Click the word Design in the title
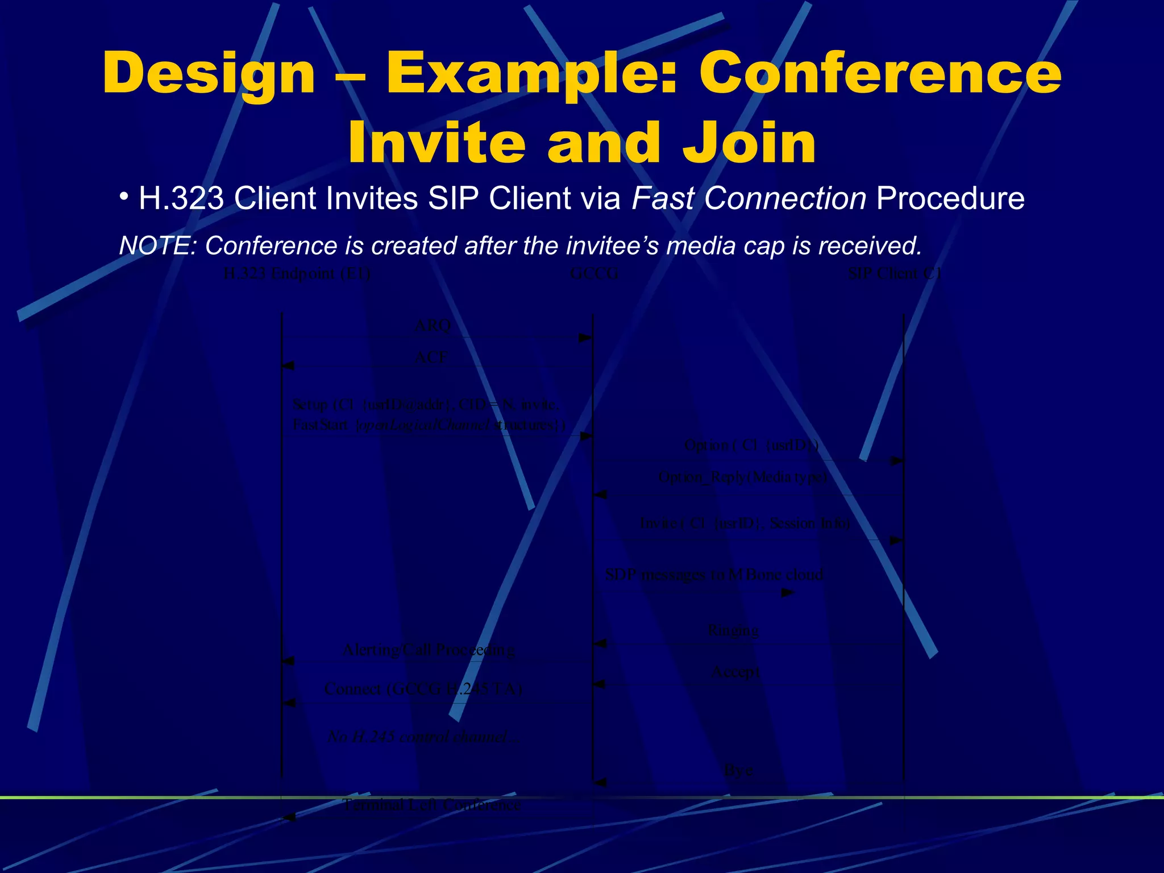[x=209, y=74]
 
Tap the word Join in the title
[x=749, y=143]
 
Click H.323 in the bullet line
[x=181, y=199]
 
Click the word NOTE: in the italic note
[x=157, y=246]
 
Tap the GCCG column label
[x=594, y=274]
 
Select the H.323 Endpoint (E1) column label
[x=297, y=274]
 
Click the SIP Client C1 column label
[x=895, y=274]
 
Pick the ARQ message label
[x=433, y=326]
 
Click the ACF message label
[x=431, y=357]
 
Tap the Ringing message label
[x=733, y=630]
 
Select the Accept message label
[x=735, y=672]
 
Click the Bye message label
[x=738, y=770]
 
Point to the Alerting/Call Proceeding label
[x=429, y=650]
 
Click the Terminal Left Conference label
[x=431, y=804]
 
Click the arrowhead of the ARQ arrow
[x=585, y=338]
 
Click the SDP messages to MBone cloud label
[x=714, y=575]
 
